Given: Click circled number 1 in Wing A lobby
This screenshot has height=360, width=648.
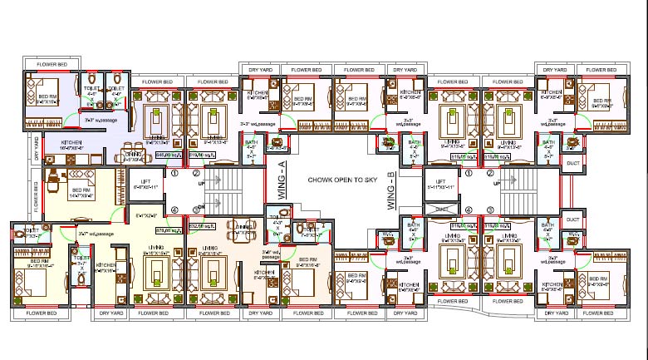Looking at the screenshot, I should coord(174,175).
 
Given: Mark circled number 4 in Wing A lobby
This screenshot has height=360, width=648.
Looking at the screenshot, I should coord(174,210).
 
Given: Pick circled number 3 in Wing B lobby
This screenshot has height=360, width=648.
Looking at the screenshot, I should coord(491,210).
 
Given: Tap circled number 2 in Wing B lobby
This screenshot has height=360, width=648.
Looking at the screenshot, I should coord(491,175).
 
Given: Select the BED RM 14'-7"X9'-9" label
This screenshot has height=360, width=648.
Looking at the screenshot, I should coord(81,193).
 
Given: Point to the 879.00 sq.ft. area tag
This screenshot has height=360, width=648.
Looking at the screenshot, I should coord(170,224).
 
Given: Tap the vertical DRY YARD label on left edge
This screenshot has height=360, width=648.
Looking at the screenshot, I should coord(37,148).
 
